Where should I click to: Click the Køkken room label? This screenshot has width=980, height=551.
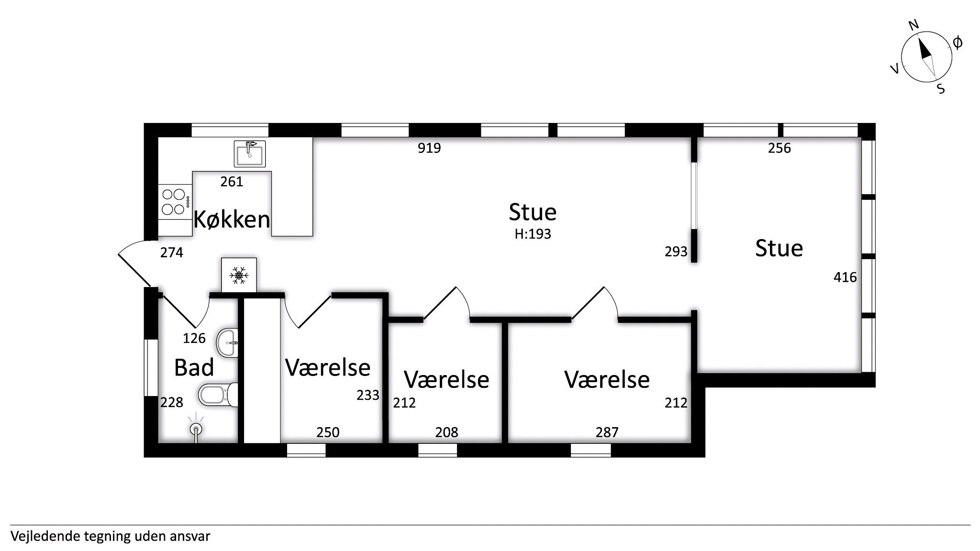[232, 220]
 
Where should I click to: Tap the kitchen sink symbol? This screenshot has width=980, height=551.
[249, 154]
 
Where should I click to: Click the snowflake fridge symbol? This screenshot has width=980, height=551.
[239, 275]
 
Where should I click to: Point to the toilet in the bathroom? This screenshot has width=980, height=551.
[218, 395]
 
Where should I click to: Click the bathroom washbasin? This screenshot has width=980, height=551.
[227, 343]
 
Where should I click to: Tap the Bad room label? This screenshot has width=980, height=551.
[194, 368]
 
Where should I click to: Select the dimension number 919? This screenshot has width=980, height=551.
[429, 148]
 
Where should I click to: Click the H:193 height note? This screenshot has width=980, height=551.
[533, 234]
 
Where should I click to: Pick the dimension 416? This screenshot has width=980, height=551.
[845, 277]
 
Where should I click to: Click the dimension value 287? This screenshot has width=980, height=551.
[607, 432]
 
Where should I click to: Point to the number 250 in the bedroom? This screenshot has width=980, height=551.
[328, 432]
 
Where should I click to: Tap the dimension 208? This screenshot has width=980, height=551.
[446, 432]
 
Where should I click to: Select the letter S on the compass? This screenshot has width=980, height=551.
[941, 89]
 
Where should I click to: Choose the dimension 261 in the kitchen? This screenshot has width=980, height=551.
[232, 182]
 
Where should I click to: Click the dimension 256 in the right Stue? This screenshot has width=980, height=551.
[780, 148]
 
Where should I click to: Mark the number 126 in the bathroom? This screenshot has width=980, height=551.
[194, 339]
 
